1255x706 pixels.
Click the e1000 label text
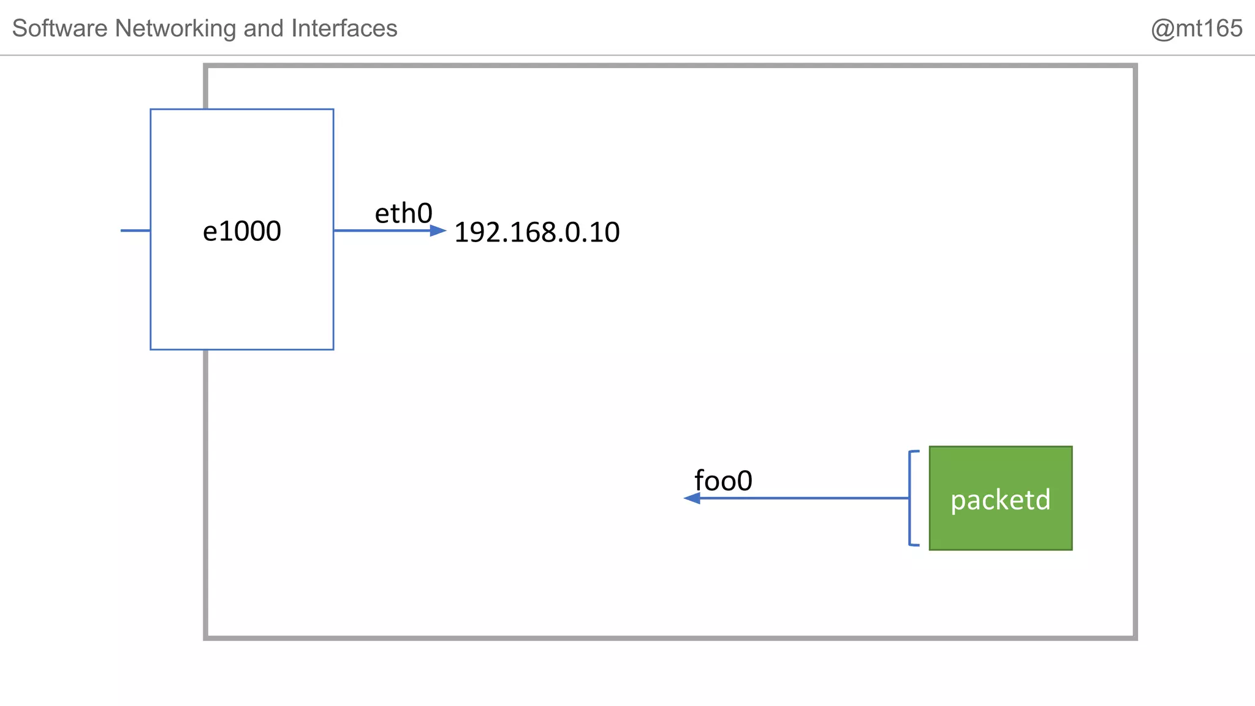(x=241, y=232)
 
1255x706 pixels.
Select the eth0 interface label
(x=403, y=213)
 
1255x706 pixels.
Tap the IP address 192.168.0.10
(x=537, y=233)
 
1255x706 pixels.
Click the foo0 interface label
(x=723, y=480)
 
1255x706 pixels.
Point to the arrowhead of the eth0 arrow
(x=439, y=230)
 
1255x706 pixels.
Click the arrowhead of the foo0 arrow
(x=692, y=498)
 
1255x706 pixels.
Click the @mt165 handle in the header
(x=1196, y=28)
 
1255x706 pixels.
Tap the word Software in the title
(x=60, y=28)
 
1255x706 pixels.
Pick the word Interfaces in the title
(x=344, y=28)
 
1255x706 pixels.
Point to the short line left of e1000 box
(x=135, y=230)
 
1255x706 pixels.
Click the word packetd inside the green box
(x=1000, y=499)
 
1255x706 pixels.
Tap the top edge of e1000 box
(x=241, y=110)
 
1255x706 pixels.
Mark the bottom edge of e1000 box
(x=241, y=349)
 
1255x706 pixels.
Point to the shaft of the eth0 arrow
(x=380, y=230)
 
